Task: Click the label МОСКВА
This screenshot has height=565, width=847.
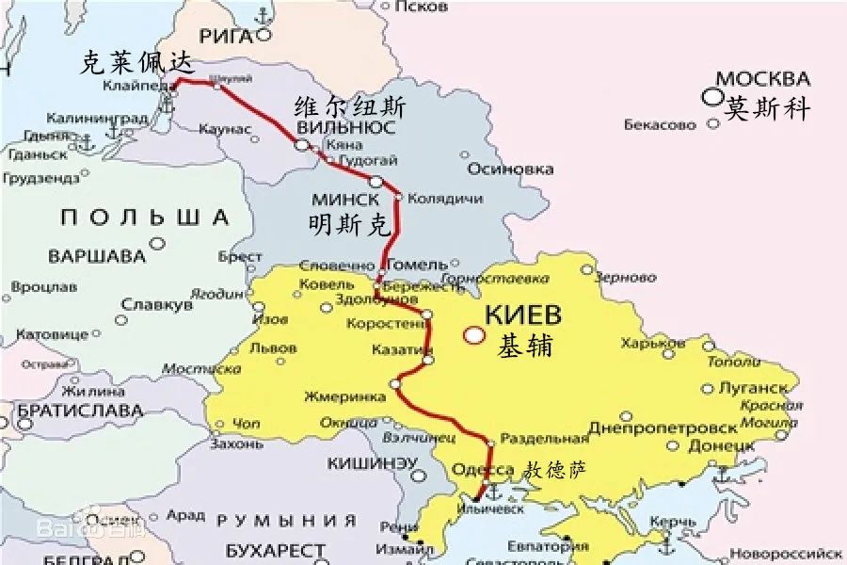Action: coord(762,78)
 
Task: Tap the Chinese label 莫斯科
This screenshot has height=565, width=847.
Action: coord(768,109)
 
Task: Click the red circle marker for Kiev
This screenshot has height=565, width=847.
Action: coord(474,334)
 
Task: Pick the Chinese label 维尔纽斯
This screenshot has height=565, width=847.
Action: coord(350,106)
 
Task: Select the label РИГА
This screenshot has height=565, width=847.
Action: coord(226,37)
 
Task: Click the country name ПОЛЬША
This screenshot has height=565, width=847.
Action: coord(145,218)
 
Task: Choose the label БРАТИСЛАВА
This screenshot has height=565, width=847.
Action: coord(79,412)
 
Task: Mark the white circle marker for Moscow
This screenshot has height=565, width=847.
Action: coord(710,97)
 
